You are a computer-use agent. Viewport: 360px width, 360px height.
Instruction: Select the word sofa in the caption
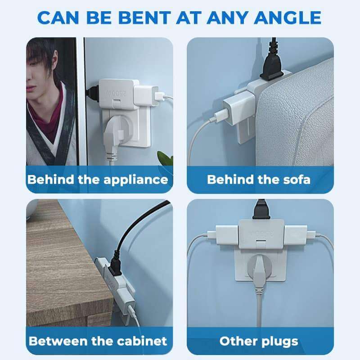296,180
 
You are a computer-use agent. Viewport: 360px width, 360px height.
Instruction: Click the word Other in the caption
236,341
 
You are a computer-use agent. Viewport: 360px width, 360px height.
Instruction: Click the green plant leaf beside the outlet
166,158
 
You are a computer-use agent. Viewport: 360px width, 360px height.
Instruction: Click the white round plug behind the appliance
114,133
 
